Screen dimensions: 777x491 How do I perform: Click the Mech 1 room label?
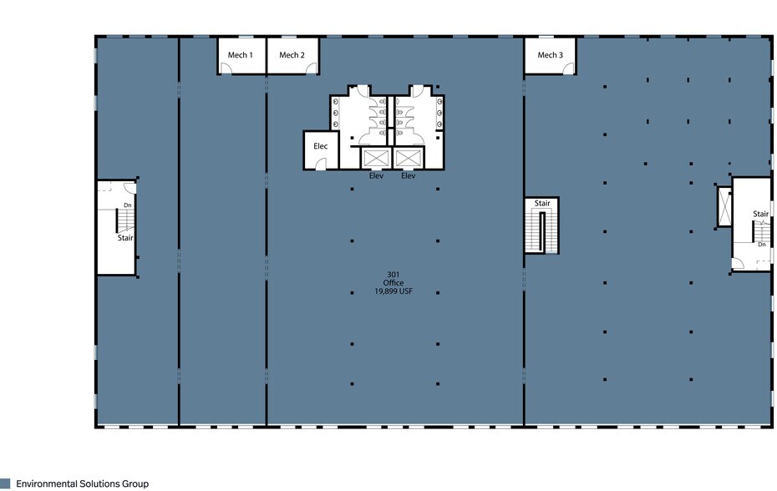[x=241, y=55]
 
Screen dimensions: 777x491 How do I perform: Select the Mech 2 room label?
[x=292, y=55]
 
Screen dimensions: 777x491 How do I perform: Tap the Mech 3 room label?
[x=550, y=55]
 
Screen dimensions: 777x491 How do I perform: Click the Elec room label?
[x=321, y=146]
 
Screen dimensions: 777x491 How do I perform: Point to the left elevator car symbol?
[x=376, y=159]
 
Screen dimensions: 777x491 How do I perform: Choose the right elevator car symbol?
[x=409, y=159]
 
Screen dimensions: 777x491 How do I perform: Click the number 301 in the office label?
[x=394, y=275]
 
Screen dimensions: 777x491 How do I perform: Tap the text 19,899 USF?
[x=394, y=291]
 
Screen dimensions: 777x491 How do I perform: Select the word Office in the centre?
[x=394, y=283]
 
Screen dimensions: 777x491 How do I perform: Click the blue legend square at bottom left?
[x=5, y=483]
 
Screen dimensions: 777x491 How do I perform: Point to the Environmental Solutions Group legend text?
[x=82, y=483]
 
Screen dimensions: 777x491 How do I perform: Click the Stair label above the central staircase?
[x=542, y=203]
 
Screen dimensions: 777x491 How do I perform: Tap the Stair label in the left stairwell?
[x=125, y=238]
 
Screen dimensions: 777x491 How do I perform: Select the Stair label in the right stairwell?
[x=760, y=214]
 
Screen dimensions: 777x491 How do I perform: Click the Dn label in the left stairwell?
[x=127, y=205]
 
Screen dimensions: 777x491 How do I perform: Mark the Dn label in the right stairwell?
[x=762, y=245]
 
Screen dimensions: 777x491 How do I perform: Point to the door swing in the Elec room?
[x=320, y=164]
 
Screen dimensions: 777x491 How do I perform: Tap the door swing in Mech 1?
[x=226, y=68]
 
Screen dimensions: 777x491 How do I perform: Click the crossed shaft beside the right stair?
[x=724, y=206]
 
